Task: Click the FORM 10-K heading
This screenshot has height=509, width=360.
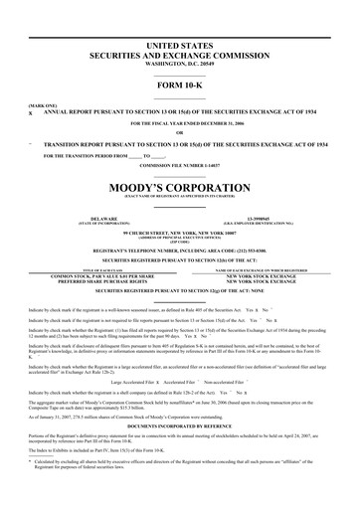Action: [179, 85]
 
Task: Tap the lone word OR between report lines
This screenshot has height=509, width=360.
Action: [179, 133]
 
